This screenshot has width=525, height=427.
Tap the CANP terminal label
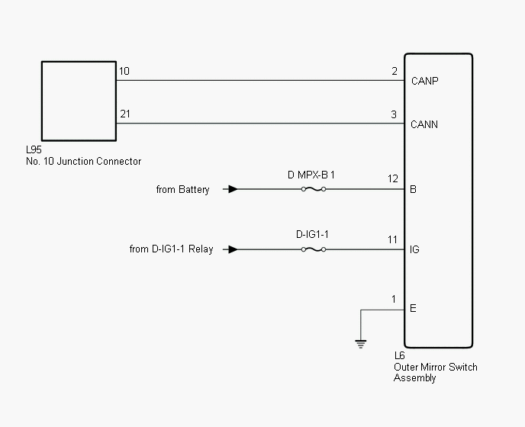424,81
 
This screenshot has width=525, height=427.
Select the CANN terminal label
424,124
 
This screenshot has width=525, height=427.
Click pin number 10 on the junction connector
124,71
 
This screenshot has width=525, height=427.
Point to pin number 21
125,114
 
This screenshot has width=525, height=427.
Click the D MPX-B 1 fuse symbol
314,189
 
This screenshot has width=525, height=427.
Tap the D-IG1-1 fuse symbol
314,249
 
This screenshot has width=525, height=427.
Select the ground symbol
361,344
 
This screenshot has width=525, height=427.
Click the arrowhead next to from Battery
233,189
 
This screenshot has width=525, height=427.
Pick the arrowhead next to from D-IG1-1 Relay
233,249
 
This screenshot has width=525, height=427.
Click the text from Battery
183,190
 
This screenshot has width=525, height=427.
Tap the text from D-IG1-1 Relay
172,249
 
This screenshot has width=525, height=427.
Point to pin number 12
393,178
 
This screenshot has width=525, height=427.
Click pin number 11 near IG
392,239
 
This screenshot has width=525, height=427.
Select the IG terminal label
414,249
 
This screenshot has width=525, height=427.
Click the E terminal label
413,308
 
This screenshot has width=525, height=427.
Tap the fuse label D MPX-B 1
311,175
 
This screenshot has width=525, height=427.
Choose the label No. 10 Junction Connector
84,162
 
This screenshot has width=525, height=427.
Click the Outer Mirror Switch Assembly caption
435,372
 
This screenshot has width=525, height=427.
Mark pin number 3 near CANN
394,115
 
